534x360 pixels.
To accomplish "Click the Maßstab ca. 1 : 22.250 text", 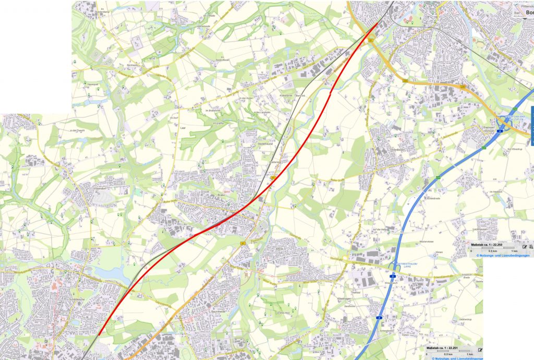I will click(x=486, y=245).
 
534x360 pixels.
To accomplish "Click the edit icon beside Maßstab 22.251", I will click(x=480, y=349).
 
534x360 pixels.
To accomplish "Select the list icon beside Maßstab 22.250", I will click(x=531, y=246).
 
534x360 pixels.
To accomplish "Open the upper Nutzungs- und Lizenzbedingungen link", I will click(x=502, y=255).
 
